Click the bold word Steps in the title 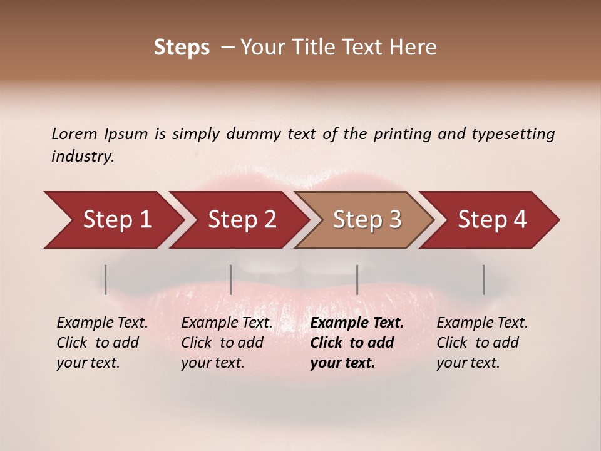point(182,48)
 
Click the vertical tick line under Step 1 point(106,279)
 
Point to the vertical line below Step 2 point(231,279)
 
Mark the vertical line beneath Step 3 point(357,279)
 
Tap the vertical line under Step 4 point(483,279)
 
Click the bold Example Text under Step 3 point(357,342)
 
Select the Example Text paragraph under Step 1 point(102,342)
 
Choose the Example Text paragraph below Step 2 point(227,342)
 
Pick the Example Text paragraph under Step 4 point(482,342)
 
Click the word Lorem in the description point(74,134)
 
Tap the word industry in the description point(83,157)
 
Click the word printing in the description point(401,134)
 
